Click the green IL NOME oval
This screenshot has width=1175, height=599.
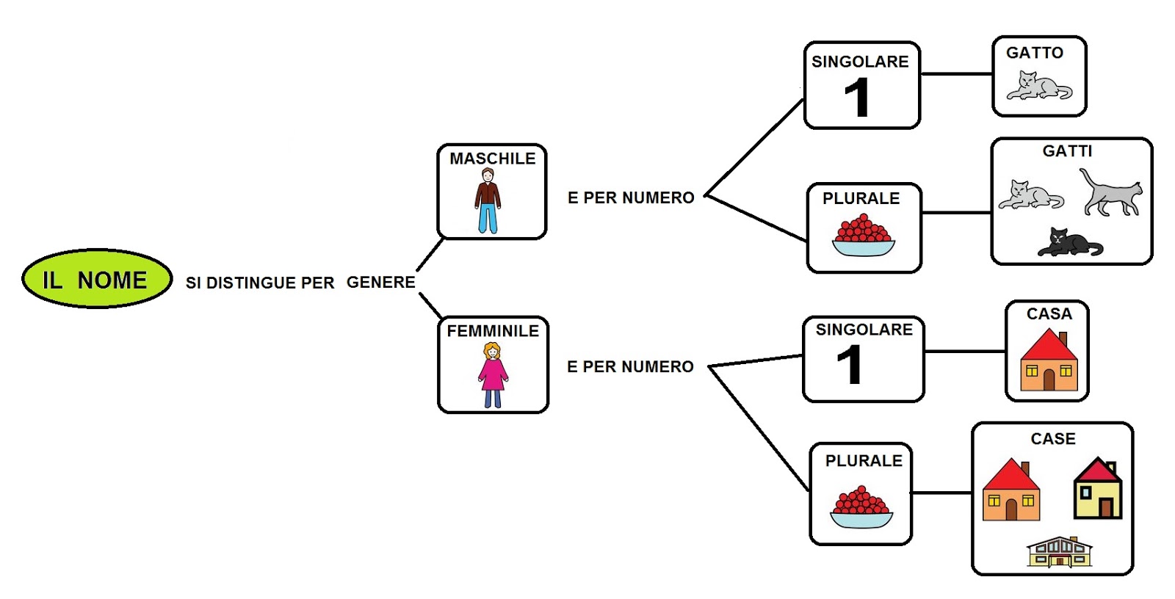coord(97,278)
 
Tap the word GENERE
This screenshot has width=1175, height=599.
coord(381,282)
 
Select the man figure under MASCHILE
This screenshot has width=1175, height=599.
coord(488,200)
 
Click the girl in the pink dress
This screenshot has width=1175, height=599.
coord(493,374)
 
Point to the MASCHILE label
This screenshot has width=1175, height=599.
coord(493,159)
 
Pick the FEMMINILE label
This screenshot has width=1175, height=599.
coord(493,331)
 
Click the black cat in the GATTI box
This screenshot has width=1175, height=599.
coord(1070,242)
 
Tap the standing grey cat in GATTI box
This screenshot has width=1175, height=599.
coord(1111,192)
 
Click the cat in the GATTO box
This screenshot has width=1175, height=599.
coord(1039,85)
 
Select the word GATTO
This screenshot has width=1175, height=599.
coord(1035,53)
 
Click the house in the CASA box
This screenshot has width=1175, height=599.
coord(1049,360)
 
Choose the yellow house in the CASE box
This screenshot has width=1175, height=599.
coord(1098,488)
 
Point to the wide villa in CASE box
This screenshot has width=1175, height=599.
coord(1059,552)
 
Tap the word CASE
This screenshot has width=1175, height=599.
coord(1053,438)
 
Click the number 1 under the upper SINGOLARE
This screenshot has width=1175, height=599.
coord(858,98)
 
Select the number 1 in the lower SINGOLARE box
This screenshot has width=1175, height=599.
coord(850,365)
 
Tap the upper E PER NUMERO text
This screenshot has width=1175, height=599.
coord(631,197)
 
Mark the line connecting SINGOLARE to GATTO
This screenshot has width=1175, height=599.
coord(956,74)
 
